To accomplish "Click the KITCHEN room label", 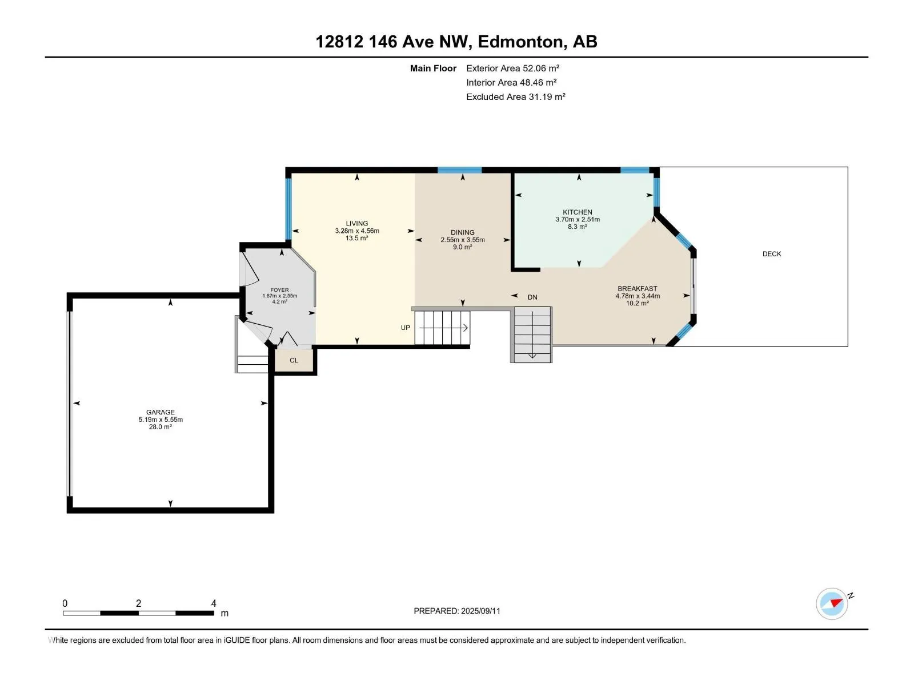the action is click(577, 212).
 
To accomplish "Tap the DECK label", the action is click(772, 254).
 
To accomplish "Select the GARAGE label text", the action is click(161, 412).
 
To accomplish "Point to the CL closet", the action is click(294, 360).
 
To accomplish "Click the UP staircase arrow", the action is click(443, 328).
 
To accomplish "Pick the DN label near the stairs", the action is click(532, 297).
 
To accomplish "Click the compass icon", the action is click(832, 603).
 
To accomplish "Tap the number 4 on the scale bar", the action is click(214, 603).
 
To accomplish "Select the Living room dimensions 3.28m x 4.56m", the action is click(357, 231).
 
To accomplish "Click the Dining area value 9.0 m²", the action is click(463, 247).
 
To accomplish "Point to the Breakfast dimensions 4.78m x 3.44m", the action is click(638, 296).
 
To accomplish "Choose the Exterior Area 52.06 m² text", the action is click(512, 68).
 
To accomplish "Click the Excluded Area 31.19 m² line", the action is click(515, 97).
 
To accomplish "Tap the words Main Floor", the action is click(433, 68).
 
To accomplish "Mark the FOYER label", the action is click(279, 290).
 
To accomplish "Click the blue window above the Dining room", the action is click(459, 170).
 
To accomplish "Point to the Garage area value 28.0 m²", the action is click(161, 427).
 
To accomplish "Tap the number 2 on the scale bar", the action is click(139, 603).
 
